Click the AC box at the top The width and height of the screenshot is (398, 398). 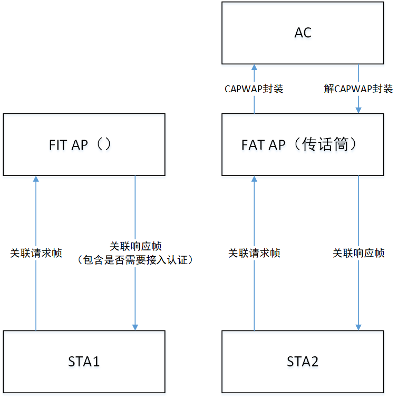tap(303, 33)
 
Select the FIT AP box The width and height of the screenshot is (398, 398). tap(84, 144)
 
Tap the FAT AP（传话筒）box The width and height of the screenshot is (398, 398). tap(303, 144)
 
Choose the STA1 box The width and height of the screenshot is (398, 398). tap(84, 362)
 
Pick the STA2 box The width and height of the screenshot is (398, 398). tap(303, 362)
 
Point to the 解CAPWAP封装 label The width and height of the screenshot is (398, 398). tap(358, 89)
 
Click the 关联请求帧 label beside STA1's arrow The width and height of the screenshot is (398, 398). tap(36, 253)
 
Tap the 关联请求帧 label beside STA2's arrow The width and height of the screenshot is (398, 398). tap(254, 253)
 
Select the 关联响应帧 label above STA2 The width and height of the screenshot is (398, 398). tap(358, 253)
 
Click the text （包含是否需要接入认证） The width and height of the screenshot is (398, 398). tap(135, 259)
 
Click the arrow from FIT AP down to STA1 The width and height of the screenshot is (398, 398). tap(135, 295)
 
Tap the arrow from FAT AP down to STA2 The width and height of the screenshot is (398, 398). tap(358, 295)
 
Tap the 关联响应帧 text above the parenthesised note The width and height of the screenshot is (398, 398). tap(135, 246)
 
